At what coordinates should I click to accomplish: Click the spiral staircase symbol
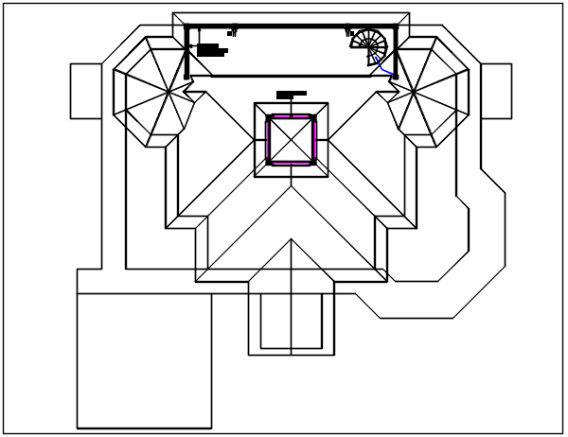click(x=369, y=44)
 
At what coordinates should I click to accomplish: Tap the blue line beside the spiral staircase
click(x=383, y=67)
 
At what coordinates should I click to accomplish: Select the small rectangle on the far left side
click(x=85, y=91)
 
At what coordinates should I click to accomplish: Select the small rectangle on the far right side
click(x=496, y=91)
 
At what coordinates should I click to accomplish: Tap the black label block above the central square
click(x=292, y=94)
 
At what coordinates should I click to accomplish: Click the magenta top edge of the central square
click(x=292, y=117)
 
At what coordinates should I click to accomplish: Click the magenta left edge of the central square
click(x=268, y=140)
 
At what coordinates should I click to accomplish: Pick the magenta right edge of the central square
click(x=314, y=140)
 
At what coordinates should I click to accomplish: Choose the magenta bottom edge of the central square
click(x=292, y=163)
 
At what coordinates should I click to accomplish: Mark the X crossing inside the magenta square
click(x=292, y=140)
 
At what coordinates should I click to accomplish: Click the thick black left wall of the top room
click(x=186, y=52)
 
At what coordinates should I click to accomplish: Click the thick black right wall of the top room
click(x=396, y=52)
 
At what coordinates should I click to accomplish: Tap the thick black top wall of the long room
click(x=284, y=27)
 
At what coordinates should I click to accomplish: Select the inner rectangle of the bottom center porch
click(x=292, y=322)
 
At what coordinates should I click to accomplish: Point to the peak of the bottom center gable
click(x=292, y=240)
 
